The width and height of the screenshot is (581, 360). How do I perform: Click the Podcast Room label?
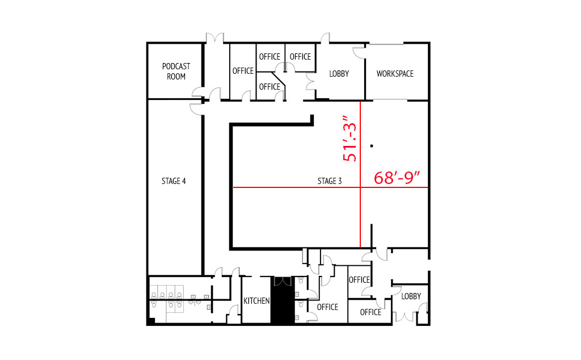[176, 71]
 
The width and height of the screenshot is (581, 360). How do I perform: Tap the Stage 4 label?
[174, 181]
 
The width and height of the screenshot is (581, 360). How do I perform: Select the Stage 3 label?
[330, 181]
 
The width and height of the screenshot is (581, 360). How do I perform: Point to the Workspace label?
[395, 73]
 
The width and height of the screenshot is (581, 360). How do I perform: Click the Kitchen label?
[256, 301]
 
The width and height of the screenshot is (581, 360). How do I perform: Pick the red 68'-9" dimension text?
[397, 178]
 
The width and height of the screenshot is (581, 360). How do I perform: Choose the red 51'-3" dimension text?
[350, 139]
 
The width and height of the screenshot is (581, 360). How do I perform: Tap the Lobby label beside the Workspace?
[339, 73]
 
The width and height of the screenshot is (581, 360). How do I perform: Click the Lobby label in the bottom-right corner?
[411, 296]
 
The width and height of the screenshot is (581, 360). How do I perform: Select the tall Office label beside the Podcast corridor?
[243, 70]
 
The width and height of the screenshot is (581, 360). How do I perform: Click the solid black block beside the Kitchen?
[283, 300]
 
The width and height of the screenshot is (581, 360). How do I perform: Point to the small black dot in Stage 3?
[372, 146]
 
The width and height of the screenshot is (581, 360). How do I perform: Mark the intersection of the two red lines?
[360, 187]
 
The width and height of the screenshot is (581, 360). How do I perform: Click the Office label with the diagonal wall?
[270, 86]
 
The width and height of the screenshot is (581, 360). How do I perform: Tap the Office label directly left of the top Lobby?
[300, 56]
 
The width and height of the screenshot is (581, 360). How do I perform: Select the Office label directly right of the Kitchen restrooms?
[327, 307]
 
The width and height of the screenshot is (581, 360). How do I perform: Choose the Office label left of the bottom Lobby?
[371, 312]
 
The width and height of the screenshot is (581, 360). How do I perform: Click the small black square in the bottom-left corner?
[151, 321]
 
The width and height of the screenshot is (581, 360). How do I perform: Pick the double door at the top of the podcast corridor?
[215, 38]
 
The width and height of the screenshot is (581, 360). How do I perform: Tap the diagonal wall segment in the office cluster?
[278, 78]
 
